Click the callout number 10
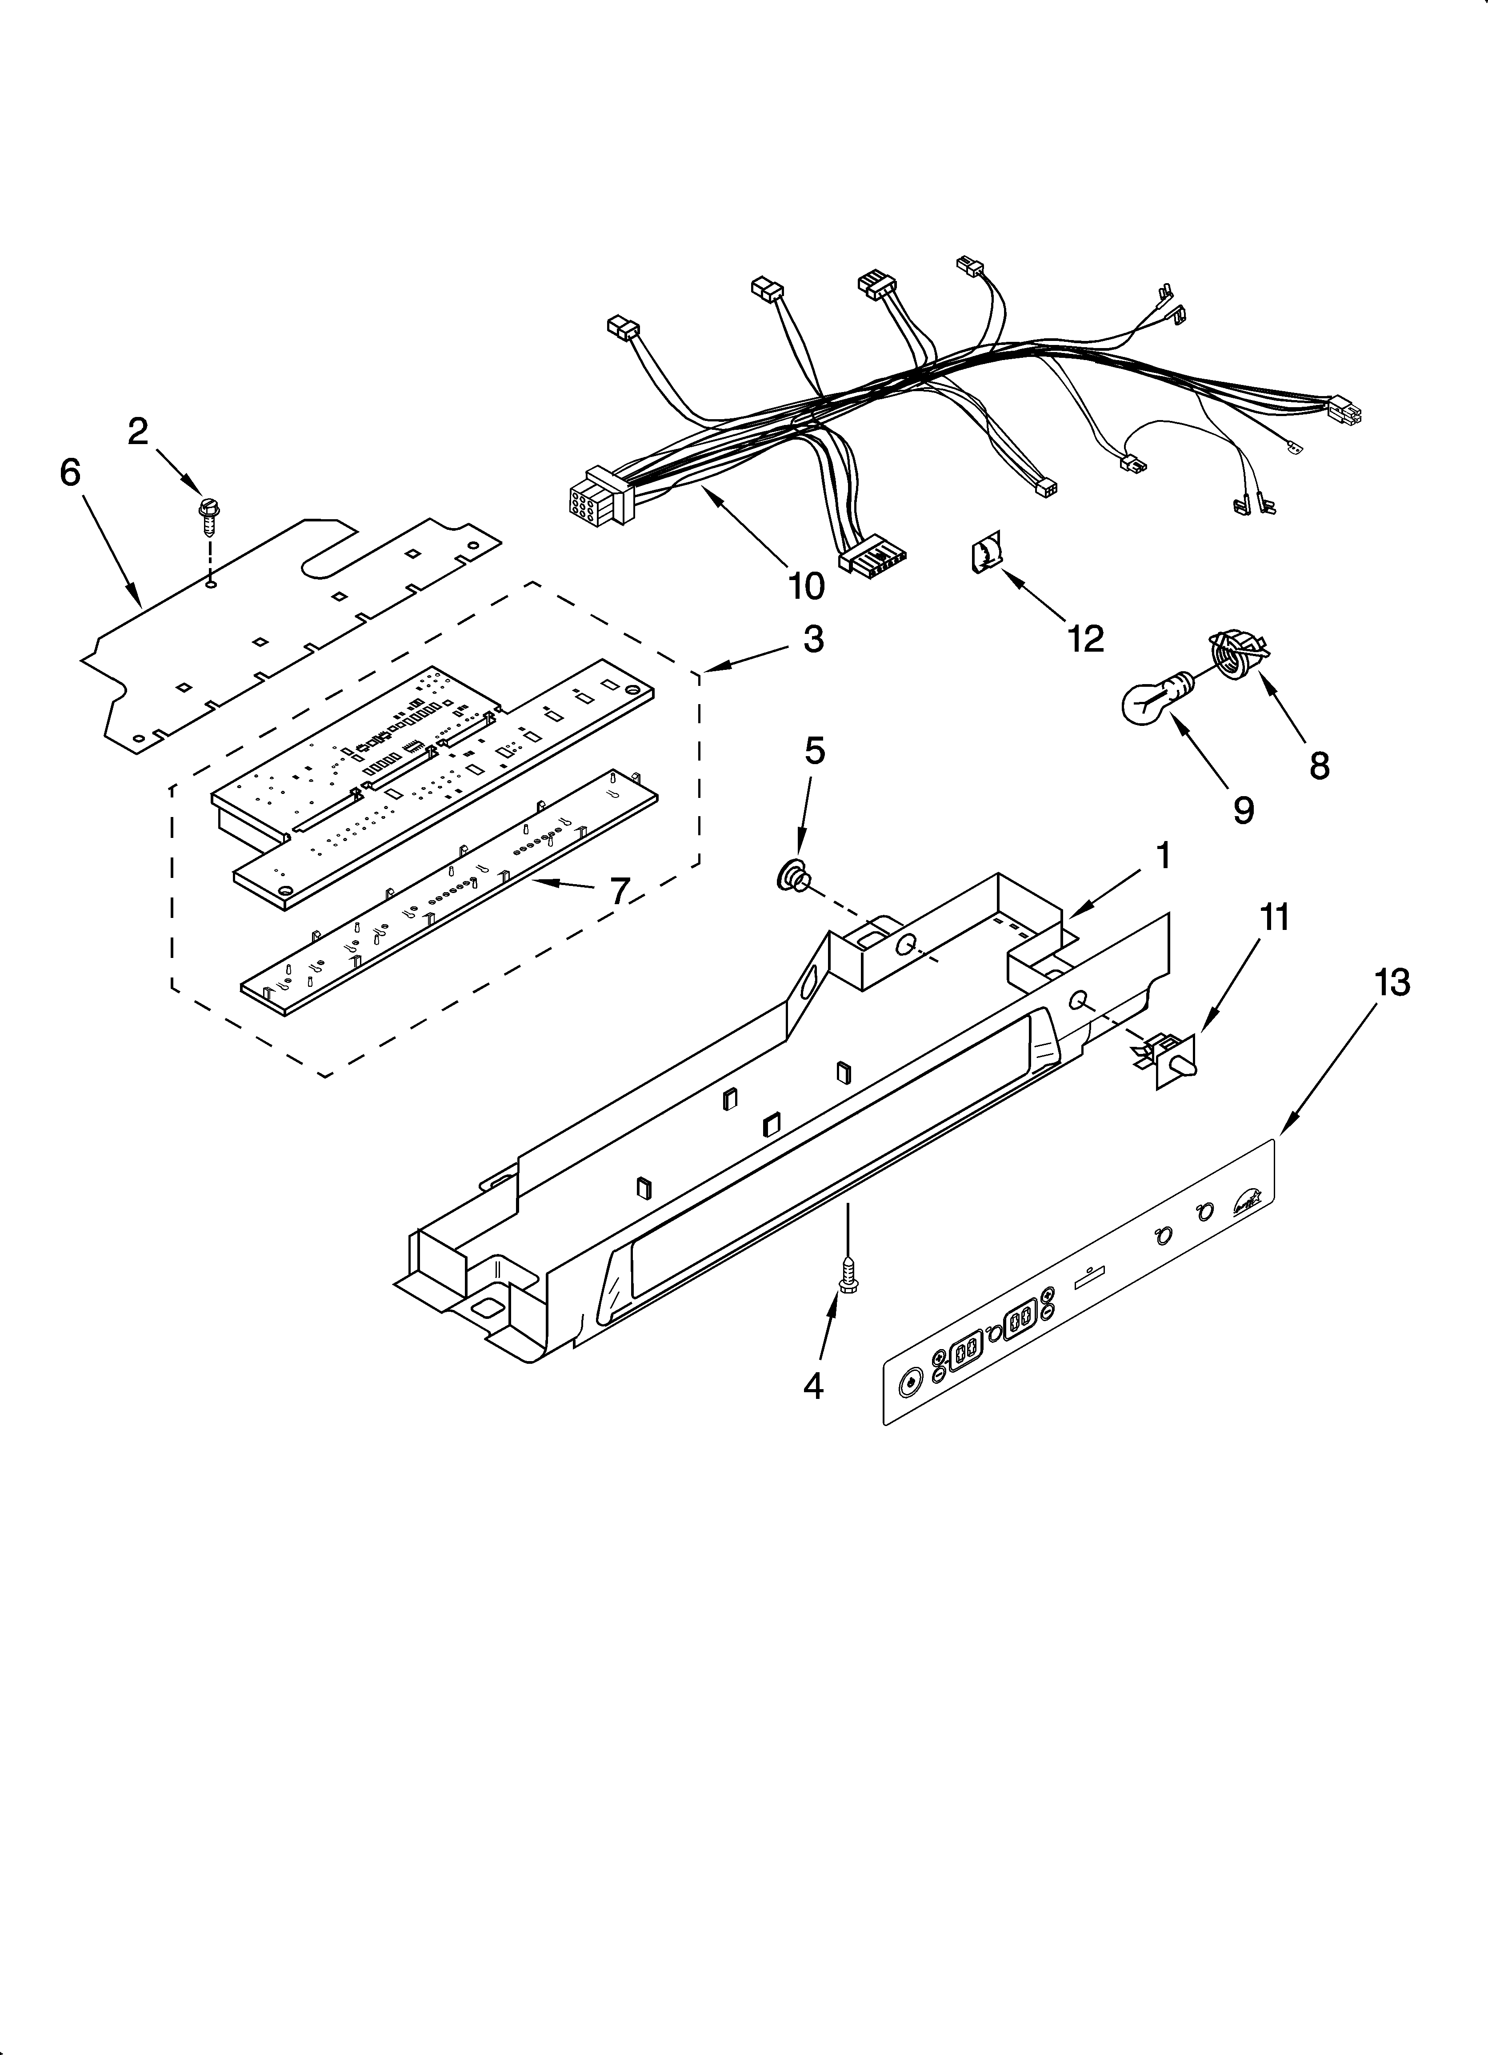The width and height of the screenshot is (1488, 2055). (x=806, y=585)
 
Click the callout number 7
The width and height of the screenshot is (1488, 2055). (x=619, y=892)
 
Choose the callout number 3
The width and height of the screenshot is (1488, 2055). (x=813, y=639)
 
